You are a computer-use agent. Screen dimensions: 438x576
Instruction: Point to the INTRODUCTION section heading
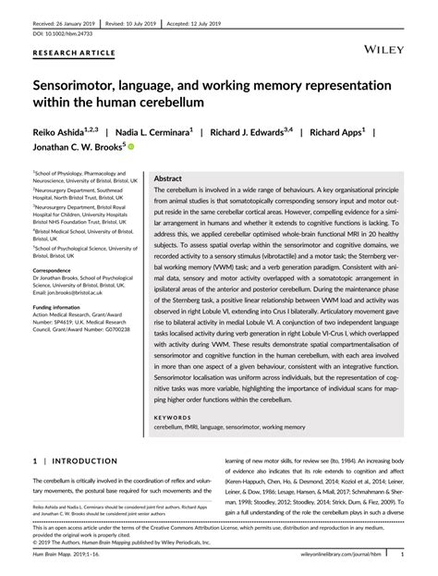point(77,432)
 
